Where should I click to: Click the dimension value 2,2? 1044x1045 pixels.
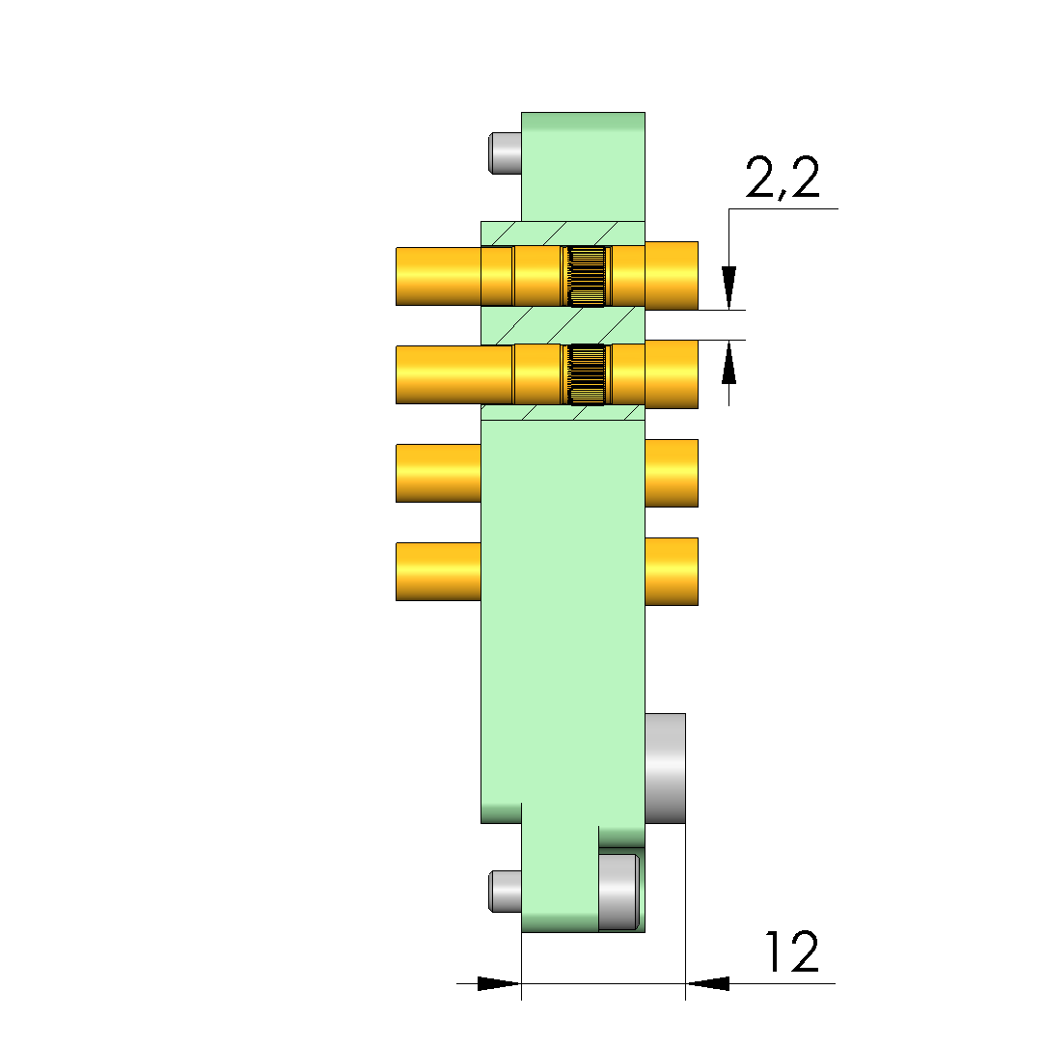[x=783, y=178]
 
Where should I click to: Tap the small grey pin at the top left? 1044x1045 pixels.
[x=505, y=153]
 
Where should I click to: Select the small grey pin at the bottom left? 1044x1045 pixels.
[x=505, y=891]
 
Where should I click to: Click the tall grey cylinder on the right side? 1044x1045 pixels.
[x=665, y=768]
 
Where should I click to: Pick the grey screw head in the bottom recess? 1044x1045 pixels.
[x=618, y=892]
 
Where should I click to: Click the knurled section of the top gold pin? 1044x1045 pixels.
[x=587, y=276]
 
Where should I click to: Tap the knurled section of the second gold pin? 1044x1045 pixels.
[x=587, y=374]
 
